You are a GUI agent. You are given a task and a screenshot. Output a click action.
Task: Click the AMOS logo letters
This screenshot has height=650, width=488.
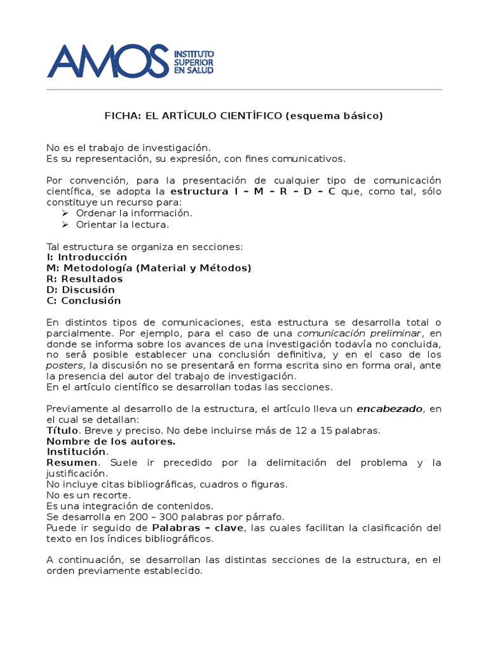tap(108, 61)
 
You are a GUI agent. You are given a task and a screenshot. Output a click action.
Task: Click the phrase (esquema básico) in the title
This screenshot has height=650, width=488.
tap(334, 116)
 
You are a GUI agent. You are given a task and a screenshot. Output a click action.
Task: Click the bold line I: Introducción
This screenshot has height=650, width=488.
tap(87, 257)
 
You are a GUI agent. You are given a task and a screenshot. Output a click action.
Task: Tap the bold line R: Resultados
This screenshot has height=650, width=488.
tap(85, 279)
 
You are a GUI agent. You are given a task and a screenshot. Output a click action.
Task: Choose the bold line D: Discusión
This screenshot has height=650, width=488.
tap(81, 289)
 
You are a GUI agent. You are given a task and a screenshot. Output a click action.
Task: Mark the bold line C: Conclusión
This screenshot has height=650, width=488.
tap(84, 300)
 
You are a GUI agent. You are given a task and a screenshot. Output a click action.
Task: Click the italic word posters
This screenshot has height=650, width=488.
tap(65, 366)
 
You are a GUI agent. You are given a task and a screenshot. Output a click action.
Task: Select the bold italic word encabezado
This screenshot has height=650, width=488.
tap(389, 409)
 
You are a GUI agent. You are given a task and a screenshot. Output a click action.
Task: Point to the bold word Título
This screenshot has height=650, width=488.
tap(62, 430)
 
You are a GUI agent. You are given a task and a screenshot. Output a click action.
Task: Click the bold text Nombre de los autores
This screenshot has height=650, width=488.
tap(111, 441)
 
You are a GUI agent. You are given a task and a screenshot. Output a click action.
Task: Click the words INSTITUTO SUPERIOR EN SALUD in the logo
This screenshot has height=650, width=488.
tap(194, 62)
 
